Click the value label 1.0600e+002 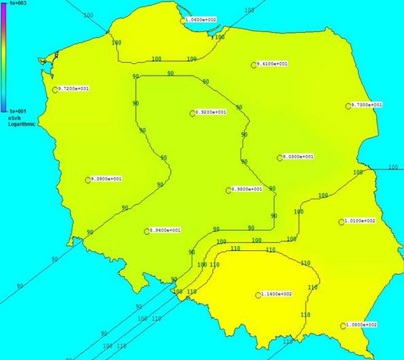tap(201, 20)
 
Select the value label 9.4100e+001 tap(272, 64)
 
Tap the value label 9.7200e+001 tap(73, 89)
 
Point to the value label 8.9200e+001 tap(211, 112)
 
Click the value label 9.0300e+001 tap(298, 157)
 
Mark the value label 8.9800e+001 tap(247, 189)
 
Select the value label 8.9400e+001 tap(165, 231)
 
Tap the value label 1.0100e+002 tap(360, 221)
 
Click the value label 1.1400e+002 tap(276, 294)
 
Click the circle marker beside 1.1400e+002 tap(258, 295)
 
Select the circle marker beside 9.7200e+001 tap(55, 90)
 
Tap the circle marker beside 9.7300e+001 tap(348, 106)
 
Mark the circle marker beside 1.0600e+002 tap(183, 21)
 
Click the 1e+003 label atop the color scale tap(15, 3)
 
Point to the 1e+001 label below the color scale tap(17, 111)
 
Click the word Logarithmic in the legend tap(22, 124)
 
